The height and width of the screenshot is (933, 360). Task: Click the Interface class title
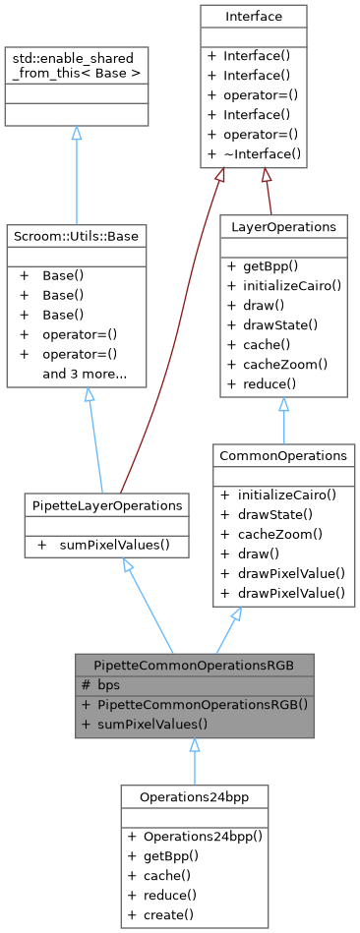[x=253, y=17]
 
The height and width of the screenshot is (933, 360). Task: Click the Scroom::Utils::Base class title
[x=76, y=235]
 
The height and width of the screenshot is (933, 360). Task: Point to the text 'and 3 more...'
[x=84, y=374]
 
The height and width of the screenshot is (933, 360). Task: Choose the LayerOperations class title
[x=282, y=226]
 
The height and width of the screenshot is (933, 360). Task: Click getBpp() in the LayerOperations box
[x=270, y=266]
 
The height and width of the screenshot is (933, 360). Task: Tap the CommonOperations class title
[x=283, y=455]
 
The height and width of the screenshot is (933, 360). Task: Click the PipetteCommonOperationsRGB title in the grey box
[x=195, y=664]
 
